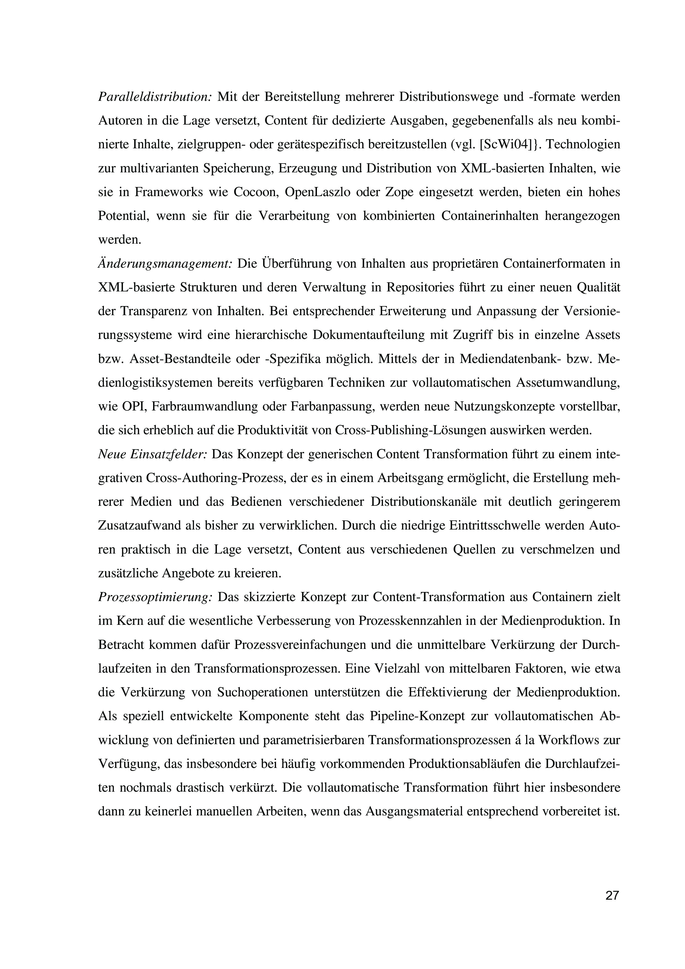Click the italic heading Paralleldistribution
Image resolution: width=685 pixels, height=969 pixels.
click(x=154, y=97)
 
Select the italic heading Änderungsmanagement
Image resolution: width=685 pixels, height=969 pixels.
click(x=165, y=264)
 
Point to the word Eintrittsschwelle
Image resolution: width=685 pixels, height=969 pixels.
click(x=496, y=526)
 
